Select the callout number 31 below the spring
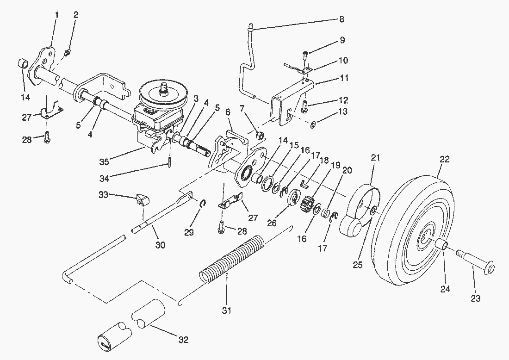227,310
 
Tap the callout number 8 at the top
341,19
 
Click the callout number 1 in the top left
57,15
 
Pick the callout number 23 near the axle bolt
475,298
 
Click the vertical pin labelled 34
169,161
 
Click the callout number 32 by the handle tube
183,340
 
